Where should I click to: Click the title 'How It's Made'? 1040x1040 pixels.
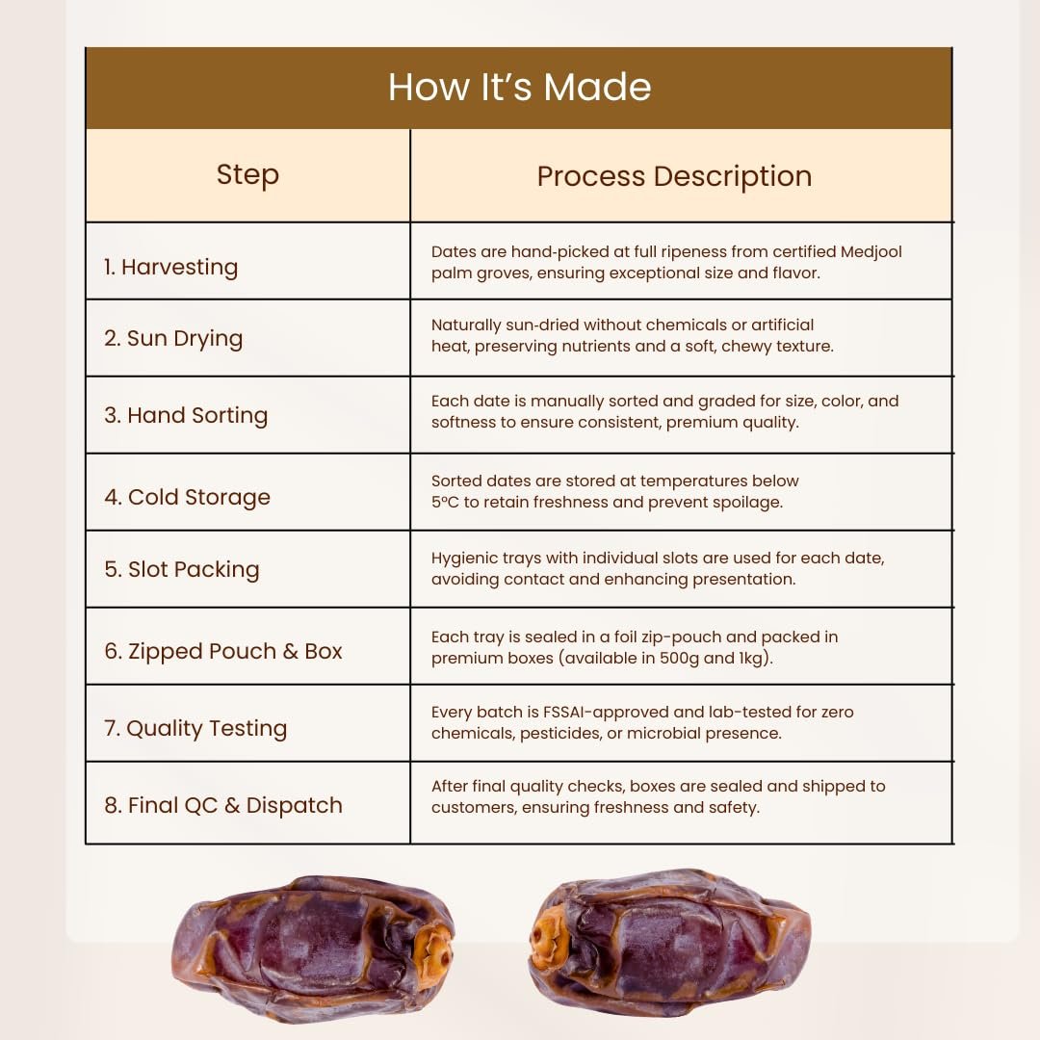click(x=519, y=87)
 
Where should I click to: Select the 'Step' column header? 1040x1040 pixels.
click(x=247, y=175)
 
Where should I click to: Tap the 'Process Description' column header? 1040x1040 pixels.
click(x=674, y=176)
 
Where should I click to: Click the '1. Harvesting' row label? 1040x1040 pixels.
click(x=170, y=267)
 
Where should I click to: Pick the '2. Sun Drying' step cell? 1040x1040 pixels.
click(x=173, y=338)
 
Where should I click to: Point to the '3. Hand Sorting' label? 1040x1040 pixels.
click(x=186, y=415)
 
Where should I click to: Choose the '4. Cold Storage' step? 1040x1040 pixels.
click(x=187, y=497)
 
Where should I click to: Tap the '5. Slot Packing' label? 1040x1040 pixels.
click(x=181, y=569)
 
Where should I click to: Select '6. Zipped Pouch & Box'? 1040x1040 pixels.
click(x=222, y=651)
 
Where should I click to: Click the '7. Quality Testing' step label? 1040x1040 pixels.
click(x=195, y=728)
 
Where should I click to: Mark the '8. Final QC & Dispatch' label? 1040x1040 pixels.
click(x=222, y=805)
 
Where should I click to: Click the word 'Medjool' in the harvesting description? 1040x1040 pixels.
click(x=871, y=252)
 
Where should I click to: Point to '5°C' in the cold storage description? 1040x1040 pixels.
click(x=444, y=502)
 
